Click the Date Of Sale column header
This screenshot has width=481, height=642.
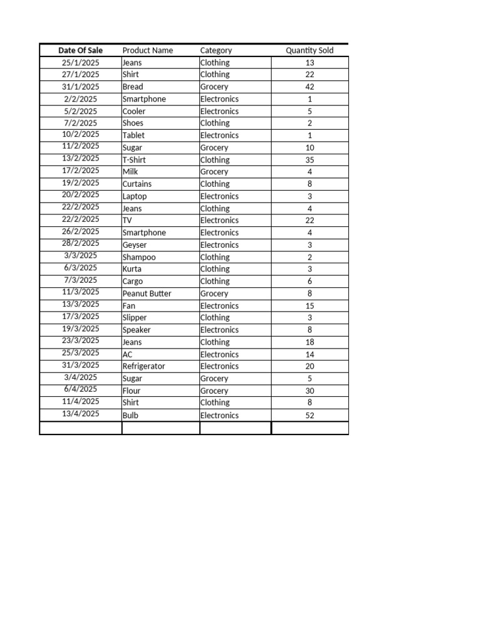click(x=80, y=50)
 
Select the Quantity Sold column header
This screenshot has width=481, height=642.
click(x=309, y=50)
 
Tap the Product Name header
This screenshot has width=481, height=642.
click(x=148, y=50)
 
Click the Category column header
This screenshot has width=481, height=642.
click(x=216, y=50)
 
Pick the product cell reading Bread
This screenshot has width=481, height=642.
click(x=133, y=87)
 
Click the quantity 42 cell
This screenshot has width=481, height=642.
click(x=309, y=87)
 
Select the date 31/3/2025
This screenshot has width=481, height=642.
click(x=80, y=365)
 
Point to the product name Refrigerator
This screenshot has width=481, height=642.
click(x=144, y=366)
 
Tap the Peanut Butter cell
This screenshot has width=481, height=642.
click(x=147, y=293)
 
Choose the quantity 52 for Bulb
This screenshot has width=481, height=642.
click(x=309, y=415)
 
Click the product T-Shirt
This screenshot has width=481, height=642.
click(x=134, y=160)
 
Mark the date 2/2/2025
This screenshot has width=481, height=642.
click(x=80, y=98)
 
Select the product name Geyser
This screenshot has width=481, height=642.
click(x=136, y=245)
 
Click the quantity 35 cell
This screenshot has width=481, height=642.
click(x=309, y=160)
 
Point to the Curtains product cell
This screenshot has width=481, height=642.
click(x=137, y=184)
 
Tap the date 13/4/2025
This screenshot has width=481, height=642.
click(x=80, y=414)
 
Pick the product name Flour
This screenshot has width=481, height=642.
click(x=132, y=391)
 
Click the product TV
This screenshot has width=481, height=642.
click(x=128, y=220)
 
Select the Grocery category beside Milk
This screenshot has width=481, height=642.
click(x=214, y=172)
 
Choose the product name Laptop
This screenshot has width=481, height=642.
click(x=135, y=196)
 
